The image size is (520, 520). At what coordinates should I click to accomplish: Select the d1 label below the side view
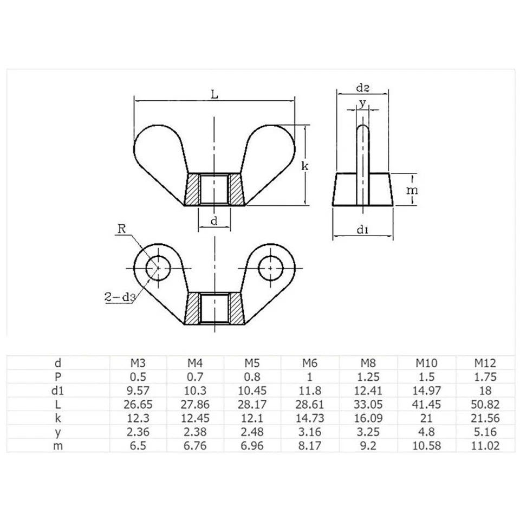coord(363,230)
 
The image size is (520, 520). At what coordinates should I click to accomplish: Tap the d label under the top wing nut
coord(214,221)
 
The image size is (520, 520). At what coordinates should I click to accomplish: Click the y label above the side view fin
coord(363,102)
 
